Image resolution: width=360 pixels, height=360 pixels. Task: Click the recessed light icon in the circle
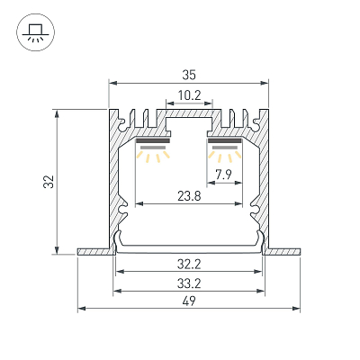35,31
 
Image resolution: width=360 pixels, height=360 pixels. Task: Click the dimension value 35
189,75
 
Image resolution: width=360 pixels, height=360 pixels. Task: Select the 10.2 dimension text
189,95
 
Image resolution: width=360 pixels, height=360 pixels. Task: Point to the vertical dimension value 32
49,182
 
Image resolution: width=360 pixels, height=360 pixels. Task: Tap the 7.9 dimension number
224,175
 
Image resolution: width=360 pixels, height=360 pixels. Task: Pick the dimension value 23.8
189,196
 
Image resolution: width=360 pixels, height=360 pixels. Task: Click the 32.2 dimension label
189,265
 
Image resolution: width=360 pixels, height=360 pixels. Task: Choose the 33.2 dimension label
189,283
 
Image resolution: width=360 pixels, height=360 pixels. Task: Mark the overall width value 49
189,301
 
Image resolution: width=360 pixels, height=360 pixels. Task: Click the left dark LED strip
153,141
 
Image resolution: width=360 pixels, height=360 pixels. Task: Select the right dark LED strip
225,141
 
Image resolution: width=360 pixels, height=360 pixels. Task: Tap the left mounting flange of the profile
94,251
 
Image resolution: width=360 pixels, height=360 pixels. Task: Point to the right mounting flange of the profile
284,251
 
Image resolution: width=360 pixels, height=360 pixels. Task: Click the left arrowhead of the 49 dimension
82,308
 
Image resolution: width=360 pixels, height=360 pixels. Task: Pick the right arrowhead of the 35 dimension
265,83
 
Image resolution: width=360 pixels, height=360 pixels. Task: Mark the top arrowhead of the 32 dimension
57,113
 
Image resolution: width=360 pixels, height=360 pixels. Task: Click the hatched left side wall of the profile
113,180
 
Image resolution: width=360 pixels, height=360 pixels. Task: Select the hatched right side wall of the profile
265,180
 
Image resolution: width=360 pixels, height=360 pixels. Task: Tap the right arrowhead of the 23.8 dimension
238,204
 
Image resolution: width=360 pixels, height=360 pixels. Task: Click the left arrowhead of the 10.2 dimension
170,103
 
